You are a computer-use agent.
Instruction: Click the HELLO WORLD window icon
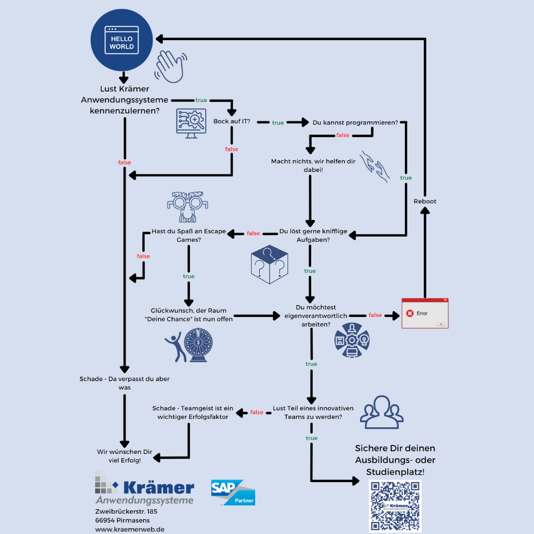(x=122, y=41)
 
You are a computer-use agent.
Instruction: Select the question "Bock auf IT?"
(x=231, y=122)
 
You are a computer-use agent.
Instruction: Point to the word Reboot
(x=425, y=201)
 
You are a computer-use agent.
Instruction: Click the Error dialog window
(x=425, y=313)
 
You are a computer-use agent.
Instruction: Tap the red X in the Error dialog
(x=409, y=313)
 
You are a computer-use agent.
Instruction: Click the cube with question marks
(x=269, y=264)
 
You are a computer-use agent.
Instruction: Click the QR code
(x=396, y=505)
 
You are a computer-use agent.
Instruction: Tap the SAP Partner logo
(x=233, y=492)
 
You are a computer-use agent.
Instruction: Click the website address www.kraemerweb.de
(x=130, y=529)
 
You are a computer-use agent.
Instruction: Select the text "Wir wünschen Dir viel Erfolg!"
(x=125, y=456)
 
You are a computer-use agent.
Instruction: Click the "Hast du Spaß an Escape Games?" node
(x=188, y=235)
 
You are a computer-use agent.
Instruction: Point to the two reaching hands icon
(x=374, y=167)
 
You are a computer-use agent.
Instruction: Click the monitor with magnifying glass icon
(x=191, y=121)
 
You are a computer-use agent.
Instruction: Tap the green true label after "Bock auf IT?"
(x=278, y=123)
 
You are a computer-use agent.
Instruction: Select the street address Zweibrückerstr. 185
(x=126, y=511)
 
